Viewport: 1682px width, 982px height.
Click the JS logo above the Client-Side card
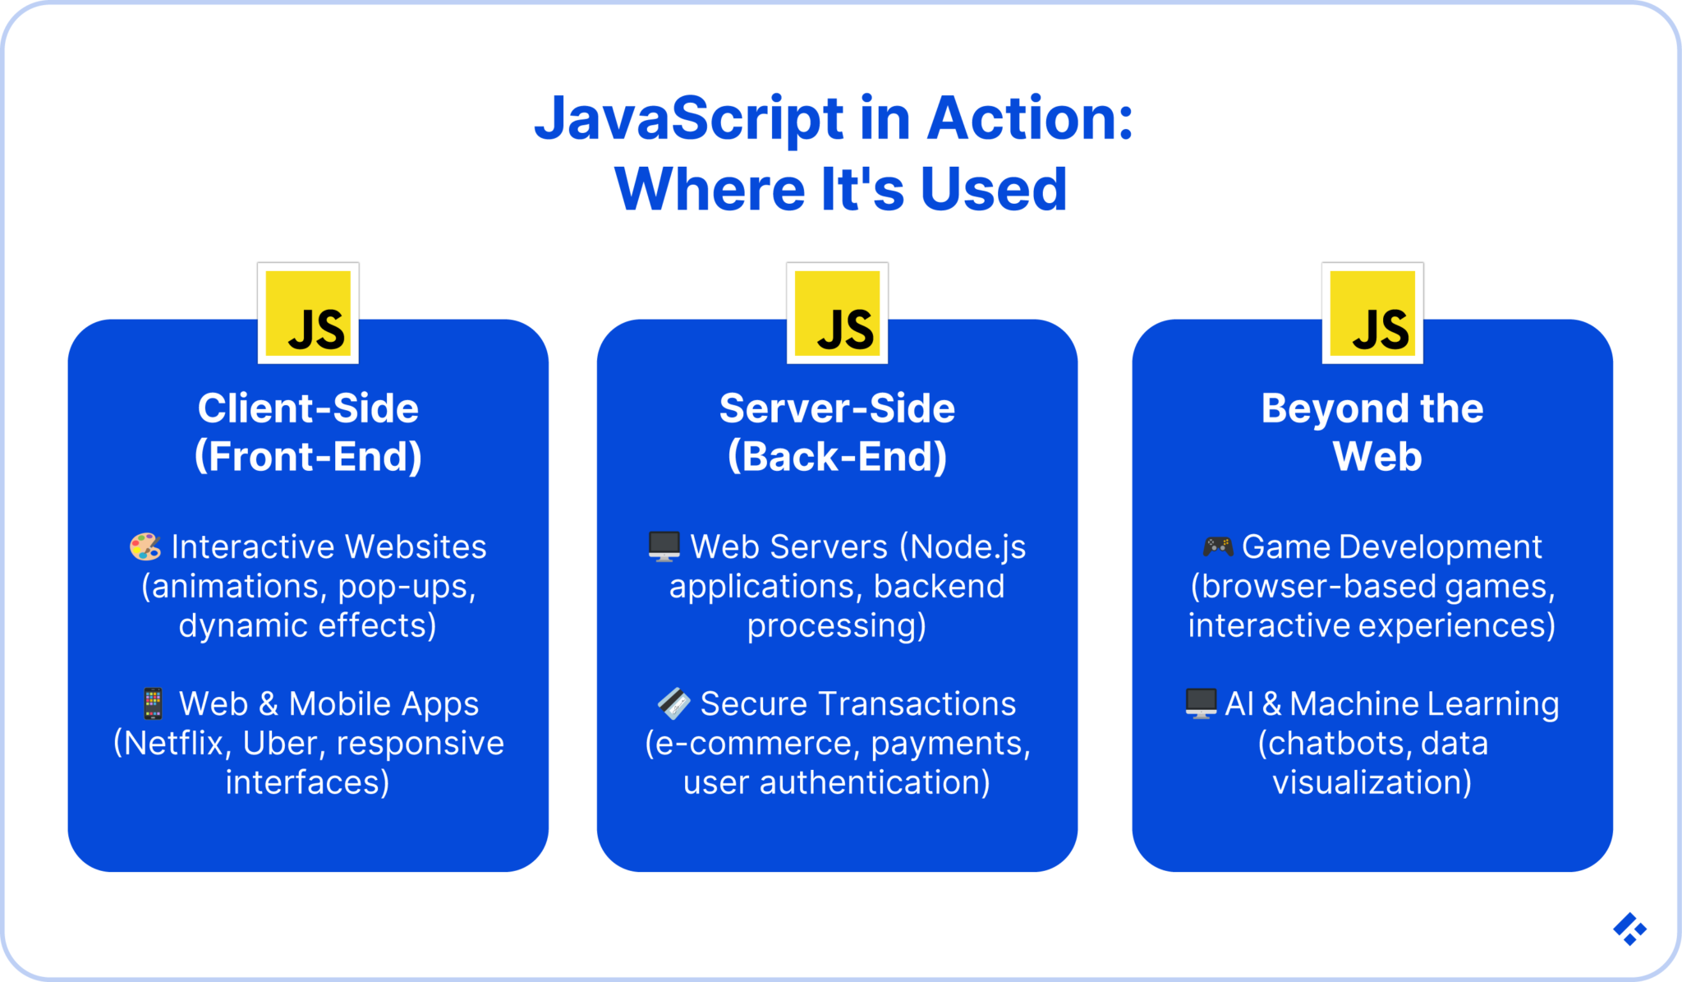[308, 313]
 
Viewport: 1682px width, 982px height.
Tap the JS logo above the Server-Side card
[837, 313]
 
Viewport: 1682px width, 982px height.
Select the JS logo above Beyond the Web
[1372, 313]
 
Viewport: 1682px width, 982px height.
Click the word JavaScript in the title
[689, 119]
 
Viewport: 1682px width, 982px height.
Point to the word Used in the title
[993, 190]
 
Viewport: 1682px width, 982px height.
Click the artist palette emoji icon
[145, 546]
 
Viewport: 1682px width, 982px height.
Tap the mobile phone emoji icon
[153, 704]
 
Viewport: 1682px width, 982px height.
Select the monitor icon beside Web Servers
[664, 546]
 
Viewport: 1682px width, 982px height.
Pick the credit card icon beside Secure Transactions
[673, 703]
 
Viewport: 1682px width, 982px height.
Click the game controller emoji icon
[1218, 546]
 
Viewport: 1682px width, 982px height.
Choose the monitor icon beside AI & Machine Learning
[1201, 703]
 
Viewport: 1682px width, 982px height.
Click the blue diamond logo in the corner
[1629, 929]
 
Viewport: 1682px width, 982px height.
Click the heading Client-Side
[308, 408]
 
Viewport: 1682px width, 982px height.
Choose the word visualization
[1368, 783]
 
